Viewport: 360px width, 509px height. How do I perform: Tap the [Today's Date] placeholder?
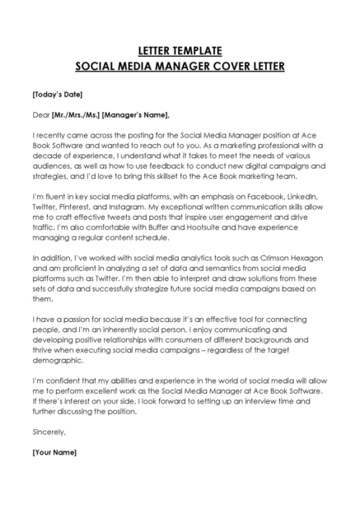57,94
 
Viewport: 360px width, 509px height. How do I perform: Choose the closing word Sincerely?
48,431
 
